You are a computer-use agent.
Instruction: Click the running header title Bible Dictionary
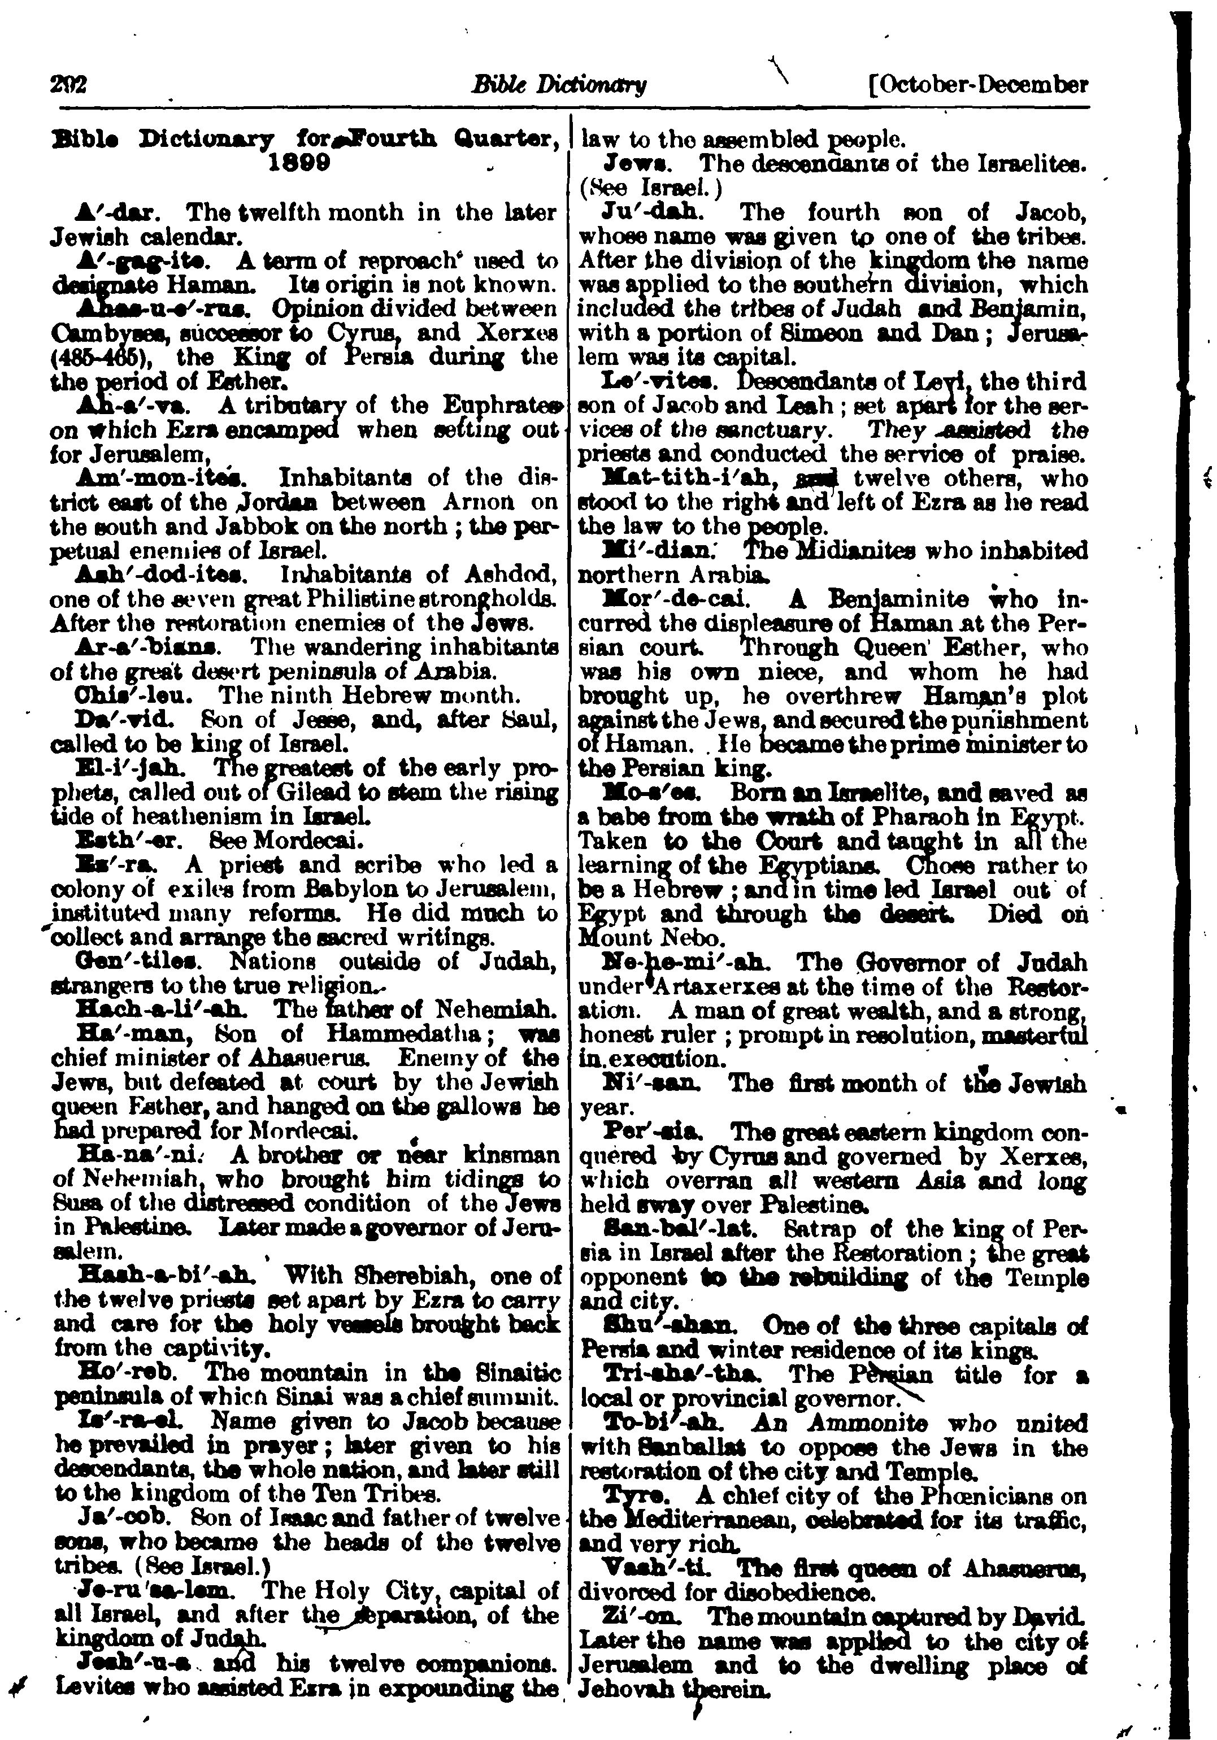pos(558,85)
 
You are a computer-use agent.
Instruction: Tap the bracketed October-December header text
pos(980,84)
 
